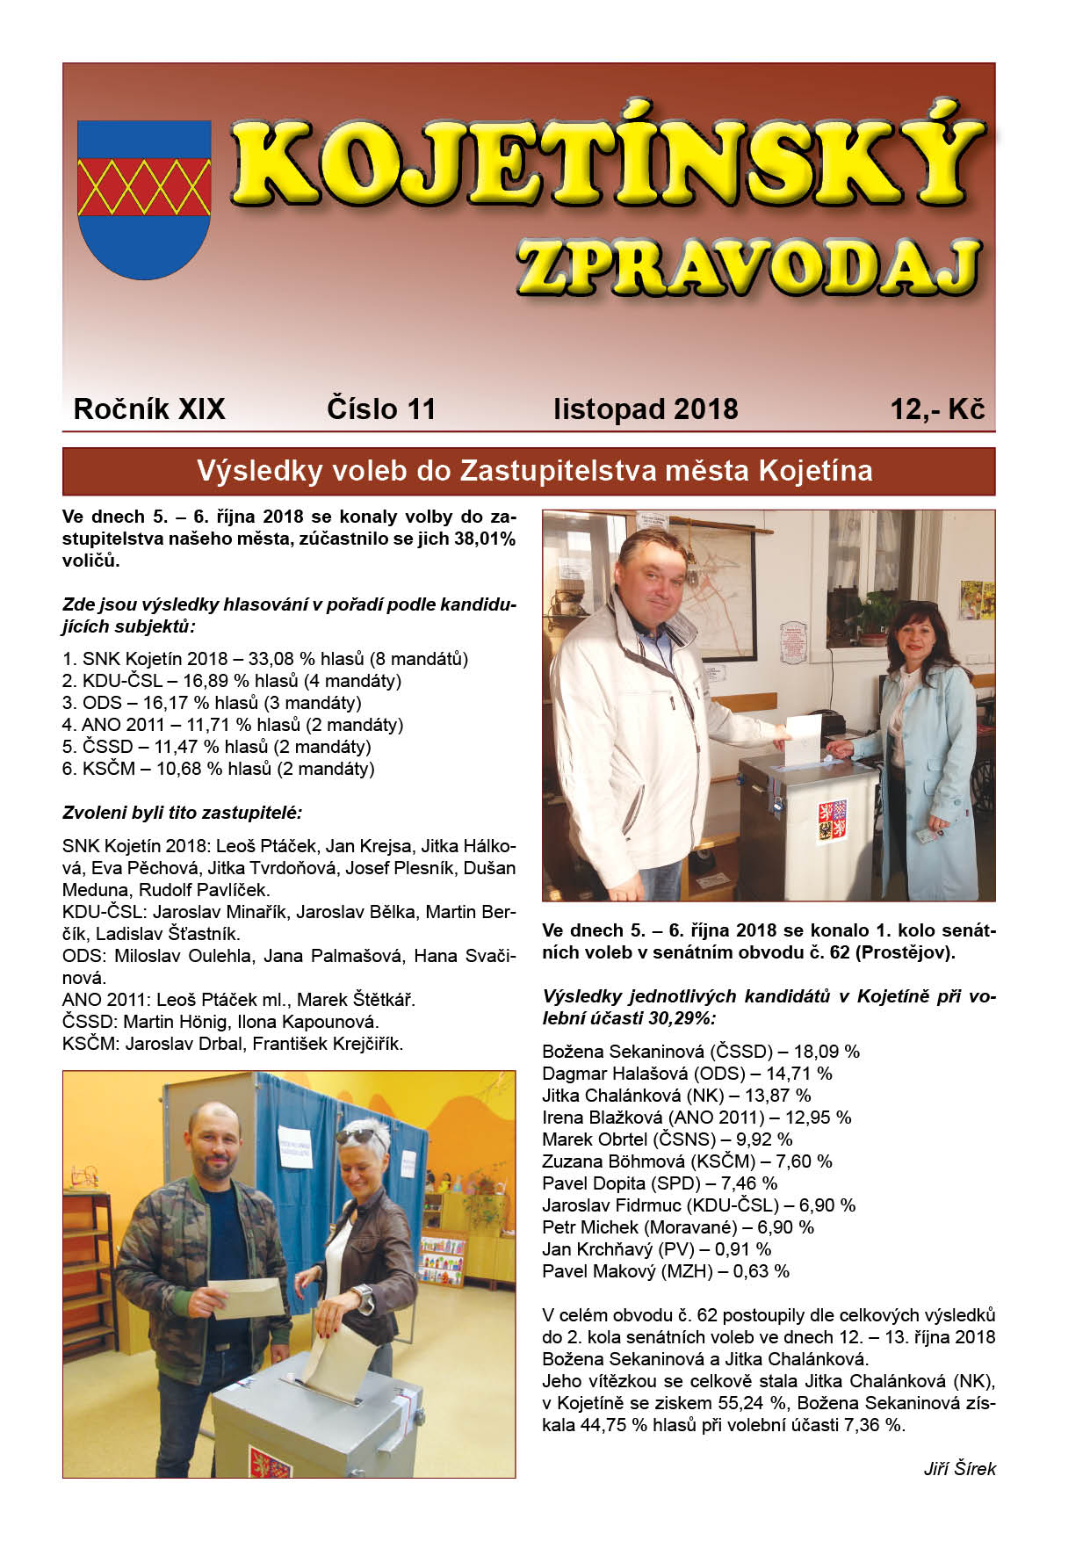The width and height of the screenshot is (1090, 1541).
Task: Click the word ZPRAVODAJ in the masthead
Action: coord(748,267)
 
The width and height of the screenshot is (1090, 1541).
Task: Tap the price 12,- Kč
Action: coord(936,409)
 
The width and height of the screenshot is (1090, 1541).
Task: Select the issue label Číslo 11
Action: coord(380,409)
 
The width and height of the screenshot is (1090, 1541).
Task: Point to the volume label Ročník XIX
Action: coord(149,409)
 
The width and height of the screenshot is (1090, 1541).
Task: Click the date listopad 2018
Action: coord(645,409)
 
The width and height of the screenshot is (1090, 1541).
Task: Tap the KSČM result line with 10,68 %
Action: coord(219,769)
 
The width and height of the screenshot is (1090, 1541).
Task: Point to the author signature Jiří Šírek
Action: coord(959,1469)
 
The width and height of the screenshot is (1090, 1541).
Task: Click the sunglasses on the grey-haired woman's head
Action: coord(362,1138)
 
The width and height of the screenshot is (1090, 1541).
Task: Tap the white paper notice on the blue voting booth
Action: coord(297,1149)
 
